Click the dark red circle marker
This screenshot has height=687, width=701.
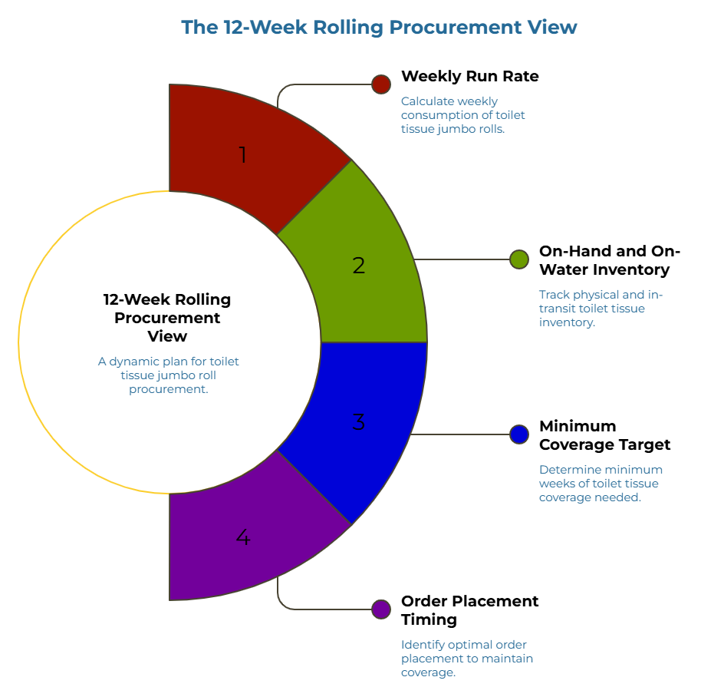[x=381, y=84]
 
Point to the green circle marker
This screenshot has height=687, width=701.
[x=519, y=259]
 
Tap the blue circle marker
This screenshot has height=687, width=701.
[x=519, y=434]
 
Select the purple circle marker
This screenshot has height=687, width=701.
[x=381, y=609]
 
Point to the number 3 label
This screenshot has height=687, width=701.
[x=359, y=422]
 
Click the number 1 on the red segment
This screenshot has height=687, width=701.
[x=243, y=156]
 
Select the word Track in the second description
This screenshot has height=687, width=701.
[x=554, y=295]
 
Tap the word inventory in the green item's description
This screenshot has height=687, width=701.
[x=567, y=322]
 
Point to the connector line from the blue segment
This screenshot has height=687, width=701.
[x=460, y=434]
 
